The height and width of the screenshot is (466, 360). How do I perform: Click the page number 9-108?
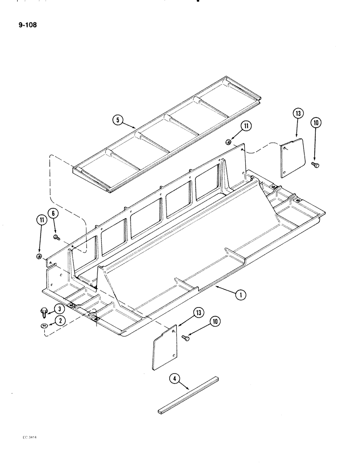pos(26,25)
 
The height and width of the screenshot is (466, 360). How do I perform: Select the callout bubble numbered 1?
pos(240,294)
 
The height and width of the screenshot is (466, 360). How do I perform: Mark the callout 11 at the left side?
pos(42,221)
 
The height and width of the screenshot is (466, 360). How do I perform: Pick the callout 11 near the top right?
pos(246,126)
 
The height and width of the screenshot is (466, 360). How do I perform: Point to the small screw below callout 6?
pos(56,238)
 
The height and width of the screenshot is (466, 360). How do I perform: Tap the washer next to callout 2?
pos(44,326)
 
